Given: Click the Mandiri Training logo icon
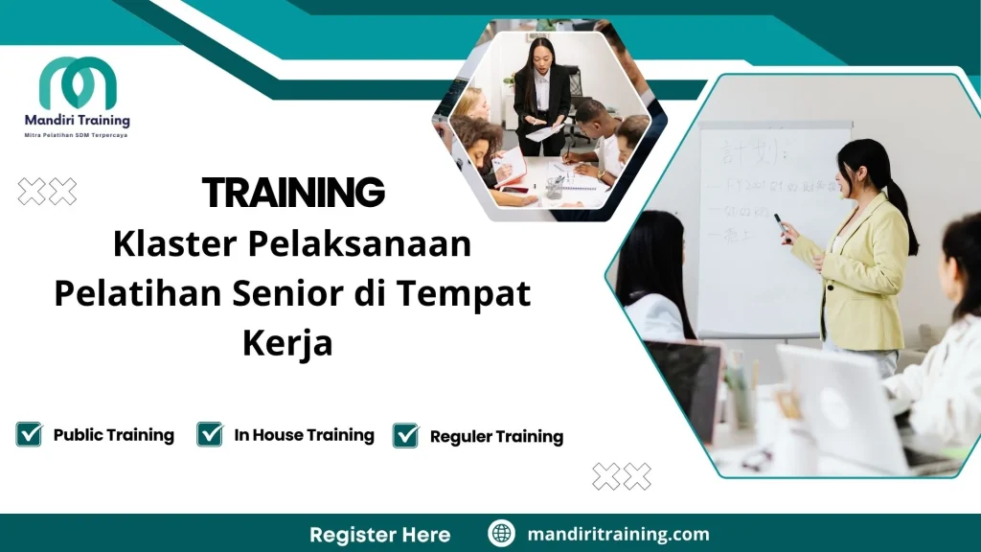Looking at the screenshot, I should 78,84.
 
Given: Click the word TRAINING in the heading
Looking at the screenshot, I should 293,194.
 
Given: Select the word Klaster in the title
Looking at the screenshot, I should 173,244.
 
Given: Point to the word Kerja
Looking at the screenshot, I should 287,343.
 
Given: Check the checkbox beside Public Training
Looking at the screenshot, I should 30,435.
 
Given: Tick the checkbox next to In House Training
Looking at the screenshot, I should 210,435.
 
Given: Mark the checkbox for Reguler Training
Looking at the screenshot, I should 406,436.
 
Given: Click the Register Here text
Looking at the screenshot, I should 379,534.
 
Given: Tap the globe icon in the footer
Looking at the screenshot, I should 501,534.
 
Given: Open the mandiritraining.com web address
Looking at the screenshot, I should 619,534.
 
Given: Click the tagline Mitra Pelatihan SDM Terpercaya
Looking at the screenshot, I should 76,135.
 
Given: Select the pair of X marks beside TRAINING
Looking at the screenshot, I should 47,192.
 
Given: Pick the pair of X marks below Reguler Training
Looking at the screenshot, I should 622,475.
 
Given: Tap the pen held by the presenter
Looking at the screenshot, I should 779,222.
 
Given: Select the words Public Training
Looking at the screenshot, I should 113,435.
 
